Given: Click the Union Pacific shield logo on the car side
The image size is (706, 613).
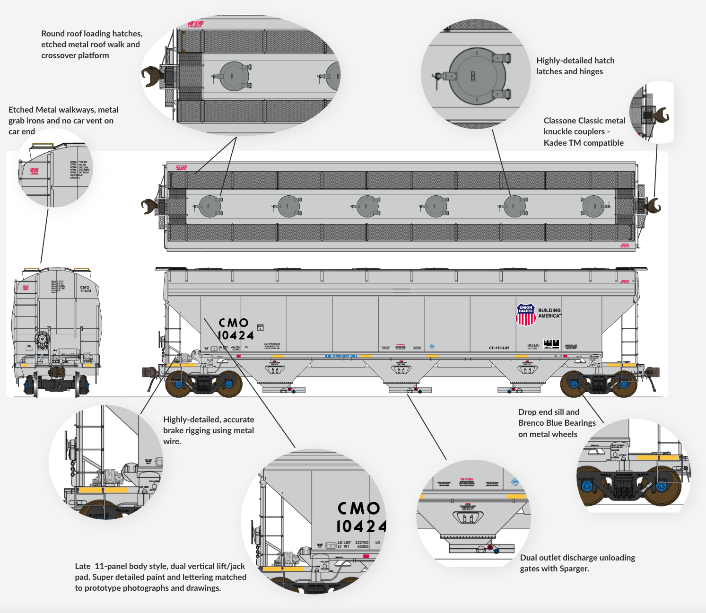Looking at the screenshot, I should pyautogui.click(x=525, y=315).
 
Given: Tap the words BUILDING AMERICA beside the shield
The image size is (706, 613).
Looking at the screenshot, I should pyautogui.click(x=549, y=313).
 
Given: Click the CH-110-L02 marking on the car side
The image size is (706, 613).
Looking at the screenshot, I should pyautogui.click(x=499, y=348).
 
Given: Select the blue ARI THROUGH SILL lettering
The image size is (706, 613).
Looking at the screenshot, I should pyautogui.click(x=341, y=356).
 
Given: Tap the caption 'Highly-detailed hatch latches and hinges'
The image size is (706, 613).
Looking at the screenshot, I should pyautogui.click(x=575, y=66).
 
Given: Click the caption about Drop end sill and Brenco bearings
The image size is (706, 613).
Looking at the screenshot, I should pyautogui.click(x=557, y=423).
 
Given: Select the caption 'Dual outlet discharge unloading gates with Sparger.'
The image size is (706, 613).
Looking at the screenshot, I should pyautogui.click(x=577, y=563).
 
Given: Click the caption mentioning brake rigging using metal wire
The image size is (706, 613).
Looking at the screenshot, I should pyautogui.click(x=208, y=430).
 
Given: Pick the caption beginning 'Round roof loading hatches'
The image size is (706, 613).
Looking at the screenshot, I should pyautogui.click(x=91, y=44).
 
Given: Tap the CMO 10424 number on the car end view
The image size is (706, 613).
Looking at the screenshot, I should pyautogui.click(x=85, y=289).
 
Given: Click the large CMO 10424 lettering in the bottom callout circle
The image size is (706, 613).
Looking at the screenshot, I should pyautogui.click(x=360, y=517).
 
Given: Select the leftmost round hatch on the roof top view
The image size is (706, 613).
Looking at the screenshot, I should pyautogui.click(x=210, y=206).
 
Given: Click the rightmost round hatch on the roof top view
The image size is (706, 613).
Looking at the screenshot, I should pyautogui.click(x=593, y=206).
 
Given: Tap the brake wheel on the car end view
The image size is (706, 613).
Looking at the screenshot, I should pyautogui.click(x=42, y=339).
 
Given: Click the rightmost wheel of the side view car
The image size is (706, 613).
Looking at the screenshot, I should pyautogui.click(x=624, y=384).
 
